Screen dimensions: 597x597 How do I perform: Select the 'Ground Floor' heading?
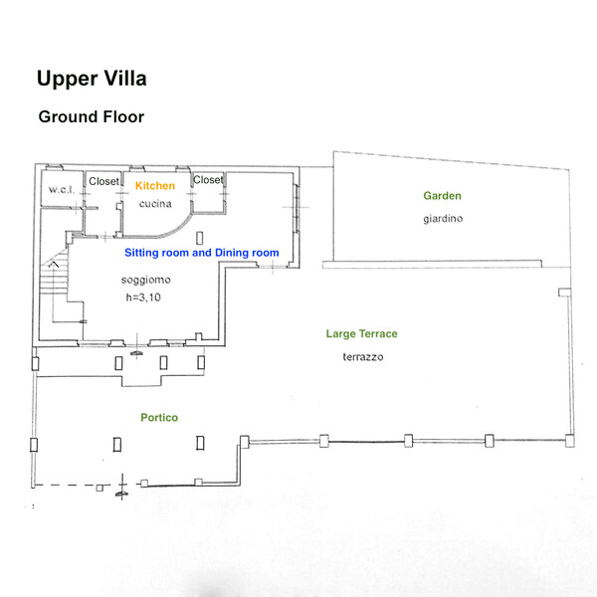(92, 116)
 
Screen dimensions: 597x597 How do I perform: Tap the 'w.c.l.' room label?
(58, 190)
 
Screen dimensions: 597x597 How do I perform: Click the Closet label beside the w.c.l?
(104, 181)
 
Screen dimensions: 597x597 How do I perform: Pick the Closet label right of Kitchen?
(209, 180)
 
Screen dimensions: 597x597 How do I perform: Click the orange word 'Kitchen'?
(155, 186)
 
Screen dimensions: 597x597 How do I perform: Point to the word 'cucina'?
(156, 204)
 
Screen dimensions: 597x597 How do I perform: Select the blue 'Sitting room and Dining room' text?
(201, 253)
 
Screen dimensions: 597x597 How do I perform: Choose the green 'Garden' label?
(442, 196)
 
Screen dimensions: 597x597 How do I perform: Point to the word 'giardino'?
(443, 218)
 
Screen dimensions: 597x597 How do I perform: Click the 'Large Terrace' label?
(362, 334)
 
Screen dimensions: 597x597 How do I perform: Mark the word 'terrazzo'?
(363, 356)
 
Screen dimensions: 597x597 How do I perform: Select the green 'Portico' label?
(158, 418)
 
